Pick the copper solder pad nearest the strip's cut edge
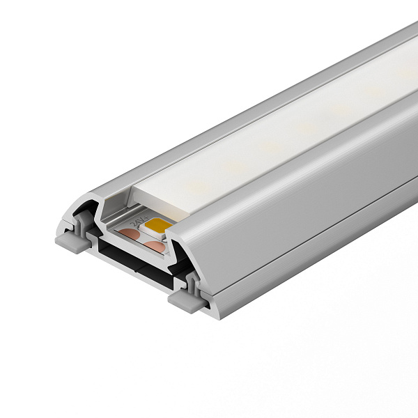coord(155,245)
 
